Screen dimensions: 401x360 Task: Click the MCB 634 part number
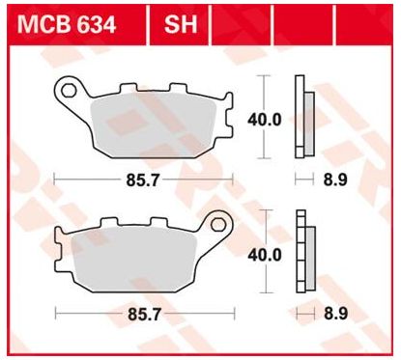coord(67,25)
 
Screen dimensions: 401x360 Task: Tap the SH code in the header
coord(181,25)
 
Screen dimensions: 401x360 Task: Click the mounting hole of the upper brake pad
coord(69,91)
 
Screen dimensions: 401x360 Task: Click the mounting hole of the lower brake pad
coord(218,224)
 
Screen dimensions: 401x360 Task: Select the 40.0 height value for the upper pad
coord(265,120)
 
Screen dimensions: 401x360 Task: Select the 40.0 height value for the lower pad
coord(265,255)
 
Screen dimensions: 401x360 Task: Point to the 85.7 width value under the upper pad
coord(142,180)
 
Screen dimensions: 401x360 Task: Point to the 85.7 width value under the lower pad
coord(144,315)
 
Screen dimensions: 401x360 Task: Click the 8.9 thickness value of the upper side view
coord(335,180)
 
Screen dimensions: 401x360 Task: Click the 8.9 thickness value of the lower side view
coord(336,314)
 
